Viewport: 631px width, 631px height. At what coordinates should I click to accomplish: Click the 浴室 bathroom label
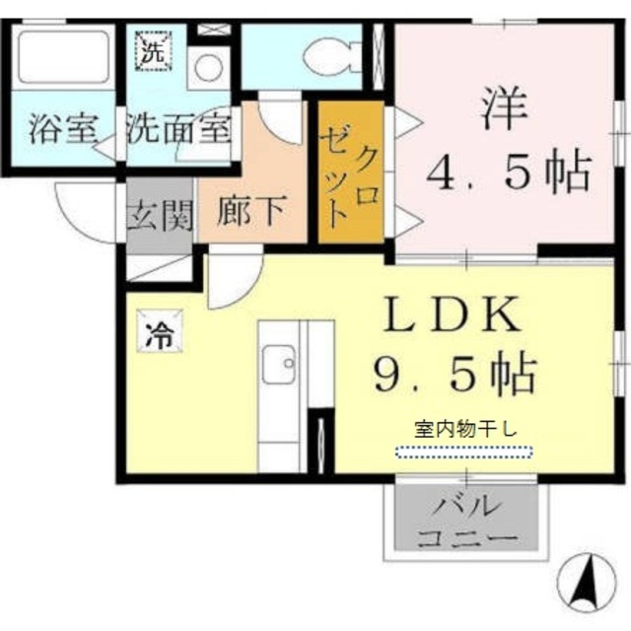[x=62, y=130]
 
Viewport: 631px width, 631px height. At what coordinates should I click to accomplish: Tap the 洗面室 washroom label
[x=178, y=130]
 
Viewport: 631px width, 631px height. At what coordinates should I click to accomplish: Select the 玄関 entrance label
[x=158, y=214]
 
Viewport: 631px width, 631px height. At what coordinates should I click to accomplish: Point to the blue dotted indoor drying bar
[x=463, y=452]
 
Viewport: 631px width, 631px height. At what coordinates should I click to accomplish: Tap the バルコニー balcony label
[x=467, y=523]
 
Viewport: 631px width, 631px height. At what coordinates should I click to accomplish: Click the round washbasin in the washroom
[x=207, y=68]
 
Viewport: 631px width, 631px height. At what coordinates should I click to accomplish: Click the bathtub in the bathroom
[x=63, y=60]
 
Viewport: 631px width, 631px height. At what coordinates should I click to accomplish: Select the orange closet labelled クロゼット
[x=350, y=174]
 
